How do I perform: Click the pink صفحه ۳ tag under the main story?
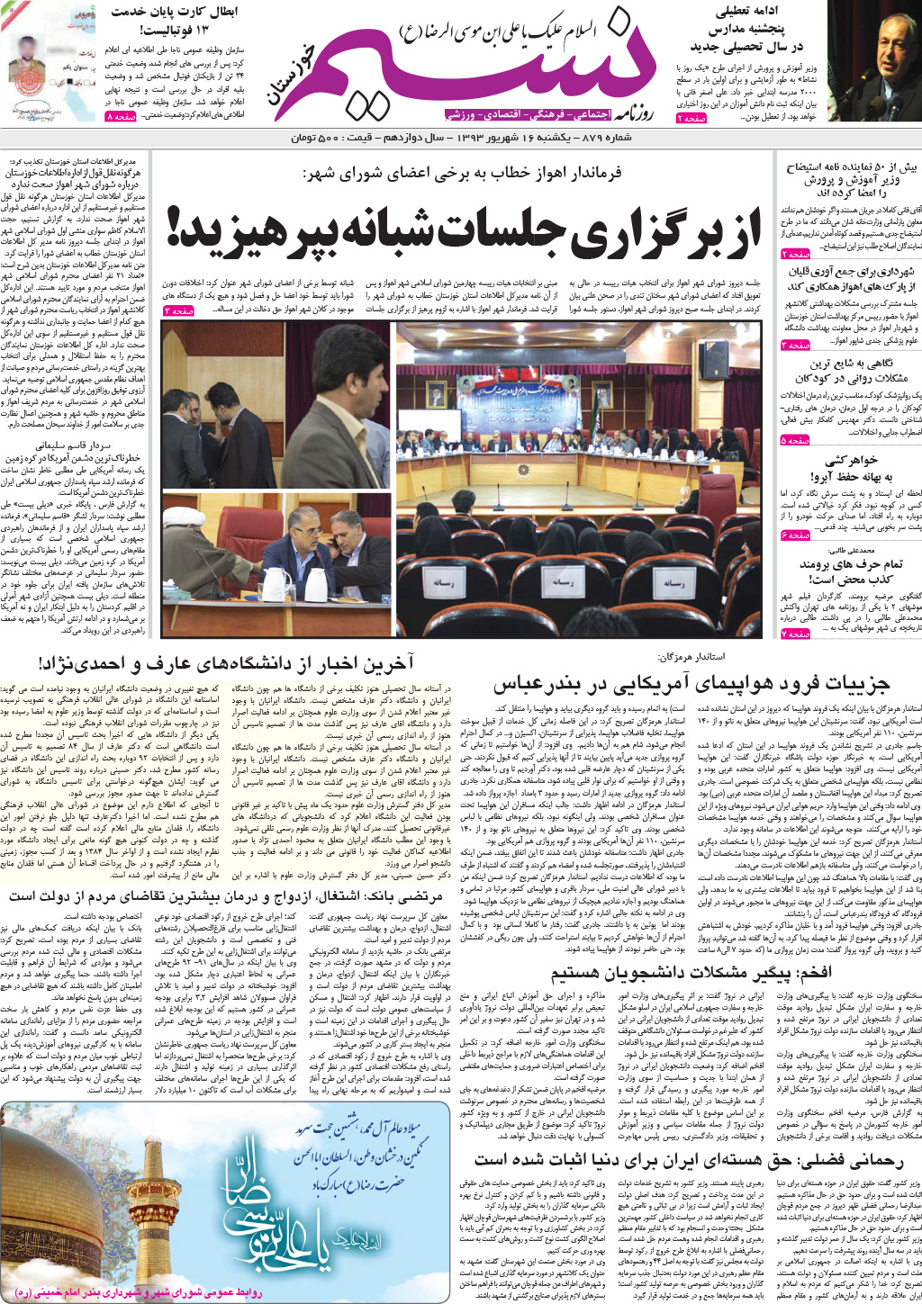(x=178, y=310)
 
